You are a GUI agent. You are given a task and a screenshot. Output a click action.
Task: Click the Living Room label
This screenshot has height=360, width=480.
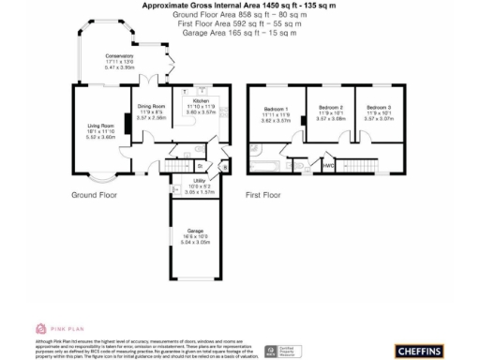[x=100, y=125]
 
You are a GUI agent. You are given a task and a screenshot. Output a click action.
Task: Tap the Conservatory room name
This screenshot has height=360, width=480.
[x=119, y=56]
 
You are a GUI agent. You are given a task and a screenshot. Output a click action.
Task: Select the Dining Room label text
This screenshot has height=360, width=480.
[x=151, y=107]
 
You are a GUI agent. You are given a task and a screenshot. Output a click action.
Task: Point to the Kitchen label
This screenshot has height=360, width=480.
[x=201, y=100]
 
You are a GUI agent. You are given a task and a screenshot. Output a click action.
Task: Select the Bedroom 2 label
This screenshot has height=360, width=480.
[x=330, y=108]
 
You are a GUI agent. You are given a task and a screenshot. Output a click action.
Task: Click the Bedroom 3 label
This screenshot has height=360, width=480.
[x=378, y=108]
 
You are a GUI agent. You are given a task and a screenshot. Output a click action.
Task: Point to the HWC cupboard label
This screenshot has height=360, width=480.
[x=329, y=166]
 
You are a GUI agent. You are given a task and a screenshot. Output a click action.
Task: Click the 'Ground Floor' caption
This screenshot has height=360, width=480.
[x=94, y=196]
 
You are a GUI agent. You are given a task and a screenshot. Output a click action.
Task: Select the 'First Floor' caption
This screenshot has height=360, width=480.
[x=263, y=196]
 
